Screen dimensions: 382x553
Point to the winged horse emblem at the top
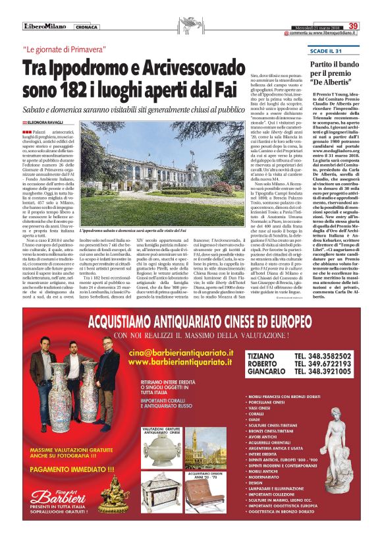192,25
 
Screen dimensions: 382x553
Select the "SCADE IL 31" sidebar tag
309,51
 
